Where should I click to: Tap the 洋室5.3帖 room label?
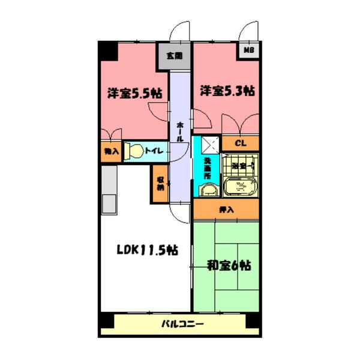[227, 91]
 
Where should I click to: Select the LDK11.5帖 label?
[146, 250]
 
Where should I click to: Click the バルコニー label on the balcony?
[183, 325]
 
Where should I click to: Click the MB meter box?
[248, 51]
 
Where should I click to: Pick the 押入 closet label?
[226, 210]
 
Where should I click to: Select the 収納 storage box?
[160, 185]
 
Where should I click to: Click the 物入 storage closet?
[112, 152]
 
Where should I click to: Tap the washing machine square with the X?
[208, 144]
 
